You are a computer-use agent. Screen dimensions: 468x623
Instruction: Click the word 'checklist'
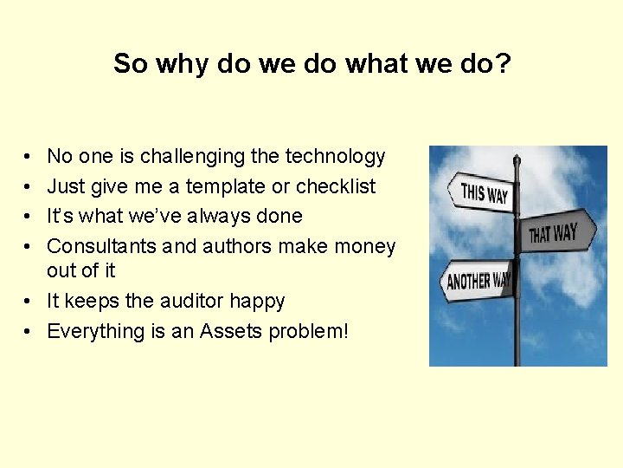336,186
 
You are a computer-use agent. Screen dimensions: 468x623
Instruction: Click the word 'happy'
259,302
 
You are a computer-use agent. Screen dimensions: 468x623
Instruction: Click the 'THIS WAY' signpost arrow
478,192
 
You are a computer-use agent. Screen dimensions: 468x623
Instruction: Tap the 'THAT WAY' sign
559,231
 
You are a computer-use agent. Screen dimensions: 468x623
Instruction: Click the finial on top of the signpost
517,159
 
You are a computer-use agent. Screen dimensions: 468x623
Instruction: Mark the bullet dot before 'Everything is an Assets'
29,332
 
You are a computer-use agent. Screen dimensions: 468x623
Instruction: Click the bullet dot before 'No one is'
29,158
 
